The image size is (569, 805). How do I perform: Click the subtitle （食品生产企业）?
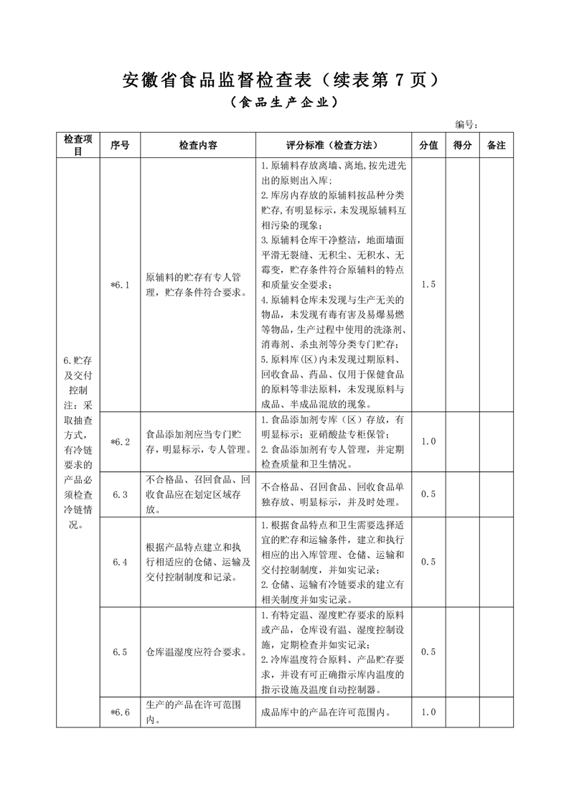point(284,103)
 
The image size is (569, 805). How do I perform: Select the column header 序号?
point(120,145)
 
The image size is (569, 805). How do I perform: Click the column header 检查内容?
point(198,145)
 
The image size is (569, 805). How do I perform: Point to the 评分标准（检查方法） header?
point(333,145)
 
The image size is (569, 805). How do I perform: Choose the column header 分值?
point(428,145)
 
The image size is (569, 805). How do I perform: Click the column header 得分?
point(463,145)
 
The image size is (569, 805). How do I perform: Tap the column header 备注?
point(497,145)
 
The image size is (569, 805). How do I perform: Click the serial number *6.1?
point(120,285)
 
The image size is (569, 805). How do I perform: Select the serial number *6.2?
point(120,441)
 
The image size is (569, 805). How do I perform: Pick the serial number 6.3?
point(120,494)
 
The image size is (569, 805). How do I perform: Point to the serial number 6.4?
point(120,562)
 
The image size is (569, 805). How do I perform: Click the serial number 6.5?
point(120,651)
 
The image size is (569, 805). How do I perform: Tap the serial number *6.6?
point(120,712)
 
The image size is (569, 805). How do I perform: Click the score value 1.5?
point(428,285)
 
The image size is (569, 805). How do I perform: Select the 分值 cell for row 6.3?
point(428,494)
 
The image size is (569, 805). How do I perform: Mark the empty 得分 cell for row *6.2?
point(463,441)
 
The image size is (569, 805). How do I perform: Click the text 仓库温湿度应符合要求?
point(197,651)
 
